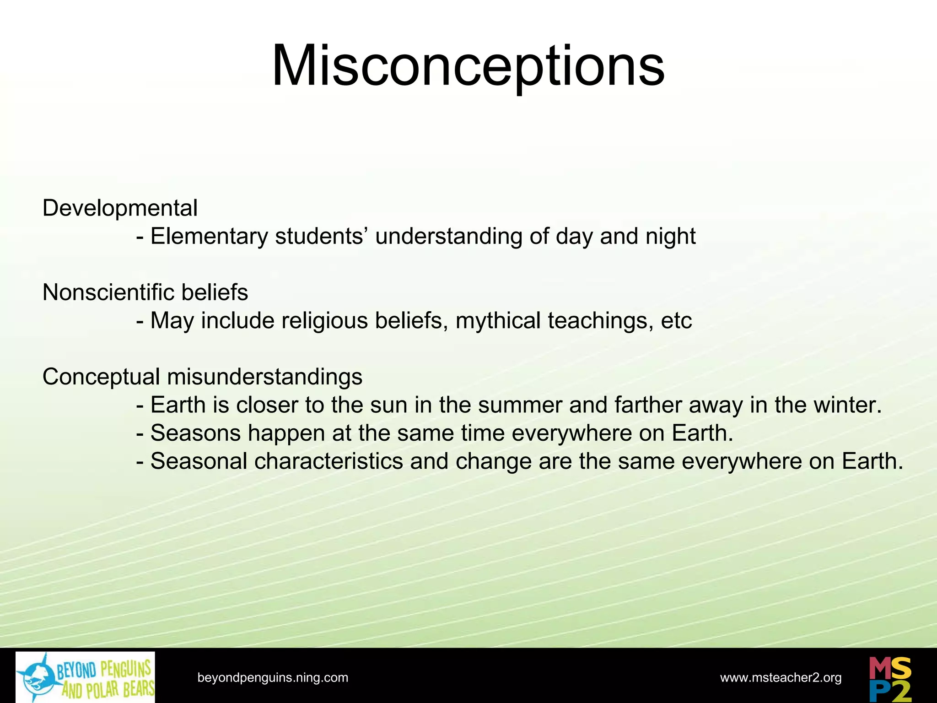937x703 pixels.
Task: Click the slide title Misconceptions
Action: point(468,66)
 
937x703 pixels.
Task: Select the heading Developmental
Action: point(120,208)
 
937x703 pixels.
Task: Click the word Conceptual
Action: point(101,377)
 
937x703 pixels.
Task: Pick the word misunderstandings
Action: point(264,377)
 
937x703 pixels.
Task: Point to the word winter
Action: point(852,405)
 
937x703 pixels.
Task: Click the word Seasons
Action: point(195,433)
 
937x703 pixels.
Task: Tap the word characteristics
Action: point(328,461)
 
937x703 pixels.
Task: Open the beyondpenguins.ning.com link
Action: point(273,677)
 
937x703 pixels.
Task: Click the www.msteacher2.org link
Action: point(781,677)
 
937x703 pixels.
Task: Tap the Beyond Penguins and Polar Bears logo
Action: point(86,677)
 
